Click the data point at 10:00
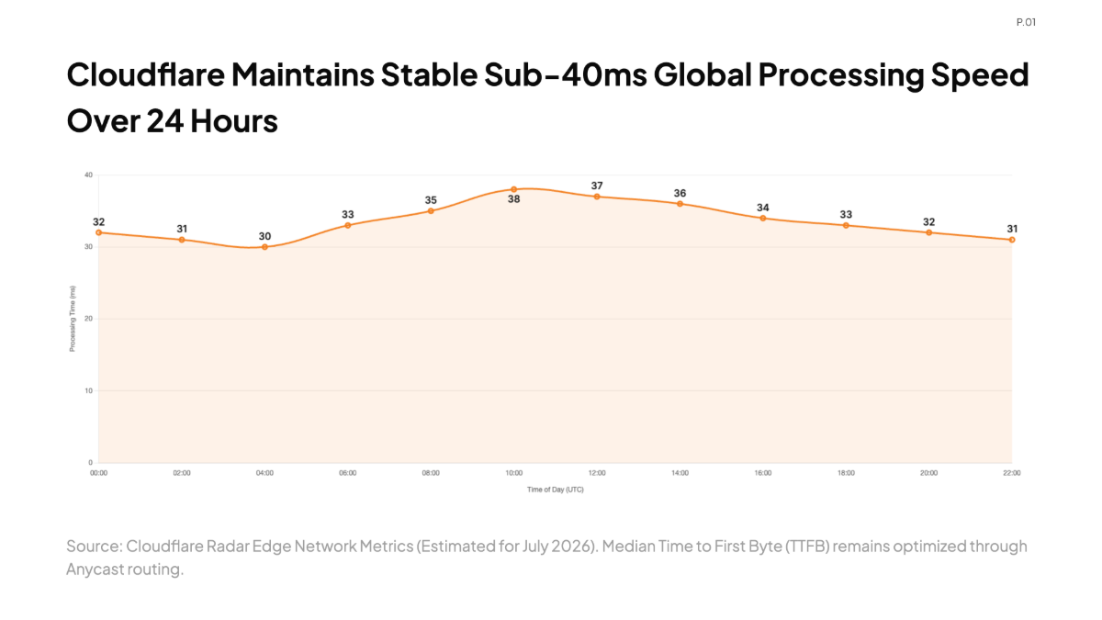[x=513, y=189]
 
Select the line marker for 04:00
[x=264, y=247]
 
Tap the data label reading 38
[x=513, y=199]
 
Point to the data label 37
[x=597, y=186]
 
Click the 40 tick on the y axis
[x=88, y=175]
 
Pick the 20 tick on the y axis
[x=88, y=319]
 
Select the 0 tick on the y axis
[x=91, y=463]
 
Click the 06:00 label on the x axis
[x=347, y=473]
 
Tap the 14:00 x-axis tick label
[x=680, y=473]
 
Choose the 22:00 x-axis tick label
[x=1012, y=473]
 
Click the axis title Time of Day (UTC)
[x=556, y=490]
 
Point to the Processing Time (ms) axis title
[x=73, y=319]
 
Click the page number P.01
[x=1027, y=22]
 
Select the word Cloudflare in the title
[x=146, y=74]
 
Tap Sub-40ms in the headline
[x=566, y=74]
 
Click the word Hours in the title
[x=234, y=121]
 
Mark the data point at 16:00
[x=763, y=219]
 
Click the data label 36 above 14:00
[x=680, y=194]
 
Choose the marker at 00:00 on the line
[x=99, y=232]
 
